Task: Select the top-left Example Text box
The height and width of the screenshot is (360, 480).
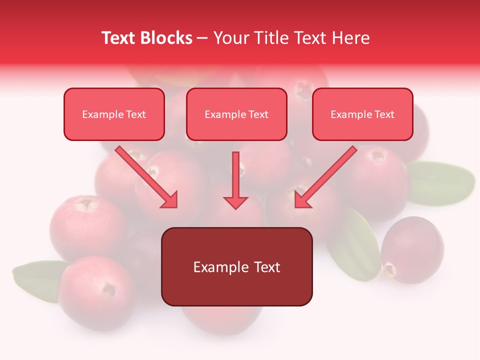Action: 114,114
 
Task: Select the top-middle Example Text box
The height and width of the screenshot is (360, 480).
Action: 236,114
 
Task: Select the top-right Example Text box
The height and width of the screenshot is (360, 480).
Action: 362,114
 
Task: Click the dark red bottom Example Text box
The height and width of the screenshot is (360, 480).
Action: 236,266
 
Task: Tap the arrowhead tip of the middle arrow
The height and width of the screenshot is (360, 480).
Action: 235,207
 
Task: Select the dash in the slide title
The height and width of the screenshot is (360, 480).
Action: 202,38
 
